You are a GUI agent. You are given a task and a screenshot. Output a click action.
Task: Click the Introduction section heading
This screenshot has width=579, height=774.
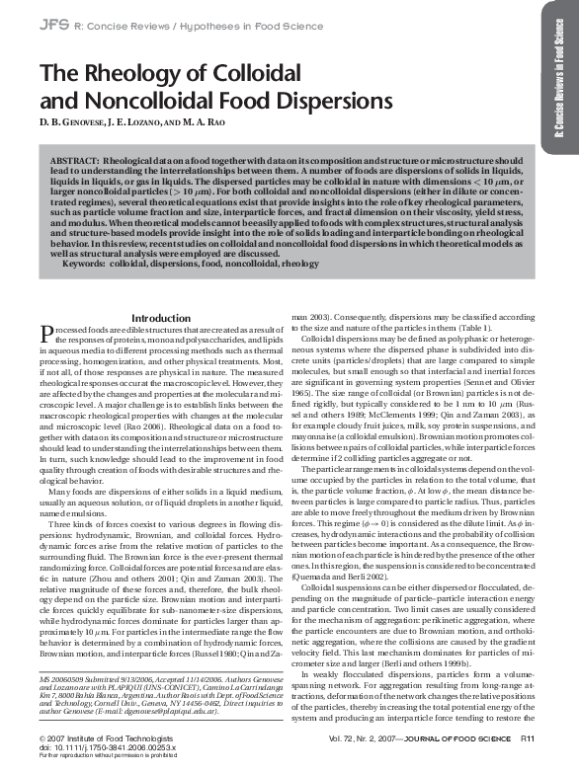click(x=160, y=318)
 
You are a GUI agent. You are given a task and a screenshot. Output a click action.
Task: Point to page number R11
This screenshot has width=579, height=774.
click(x=529, y=736)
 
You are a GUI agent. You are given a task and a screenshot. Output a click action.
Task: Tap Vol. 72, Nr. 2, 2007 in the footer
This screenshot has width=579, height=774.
click(x=365, y=736)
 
